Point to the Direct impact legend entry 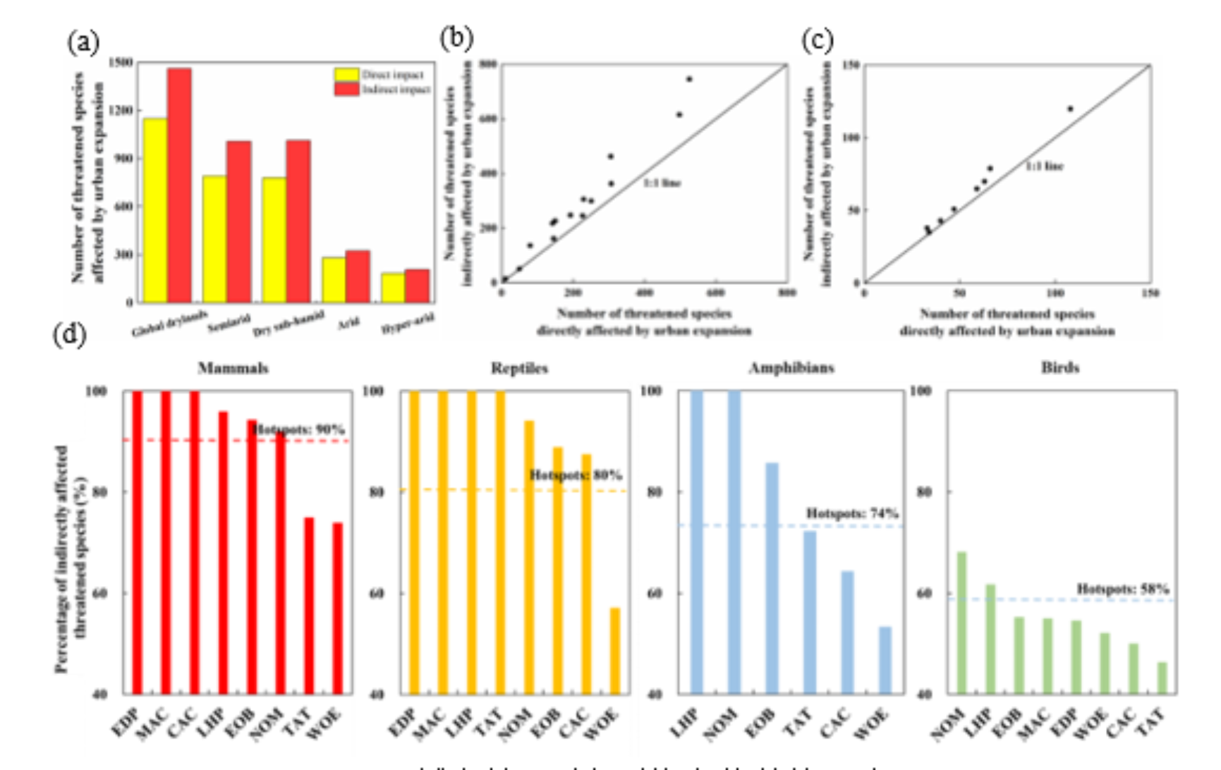[x=392, y=75]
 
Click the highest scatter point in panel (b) [x=689, y=79]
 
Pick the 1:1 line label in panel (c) [x=1044, y=166]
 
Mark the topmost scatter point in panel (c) [x=1070, y=109]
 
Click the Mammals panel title [x=233, y=368]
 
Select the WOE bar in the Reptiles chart [x=615, y=650]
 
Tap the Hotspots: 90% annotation [x=299, y=429]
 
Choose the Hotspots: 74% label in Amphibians [x=852, y=513]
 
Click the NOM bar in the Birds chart [x=961, y=623]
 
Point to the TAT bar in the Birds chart [x=1162, y=678]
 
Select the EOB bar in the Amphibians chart [x=772, y=578]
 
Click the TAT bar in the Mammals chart [x=309, y=606]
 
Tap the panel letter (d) [x=69, y=334]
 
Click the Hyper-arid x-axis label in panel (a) [x=407, y=325]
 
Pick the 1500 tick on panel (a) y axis [x=121, y=63]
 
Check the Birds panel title [x=1059, y=368]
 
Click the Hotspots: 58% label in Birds [x=1122, y=589]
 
